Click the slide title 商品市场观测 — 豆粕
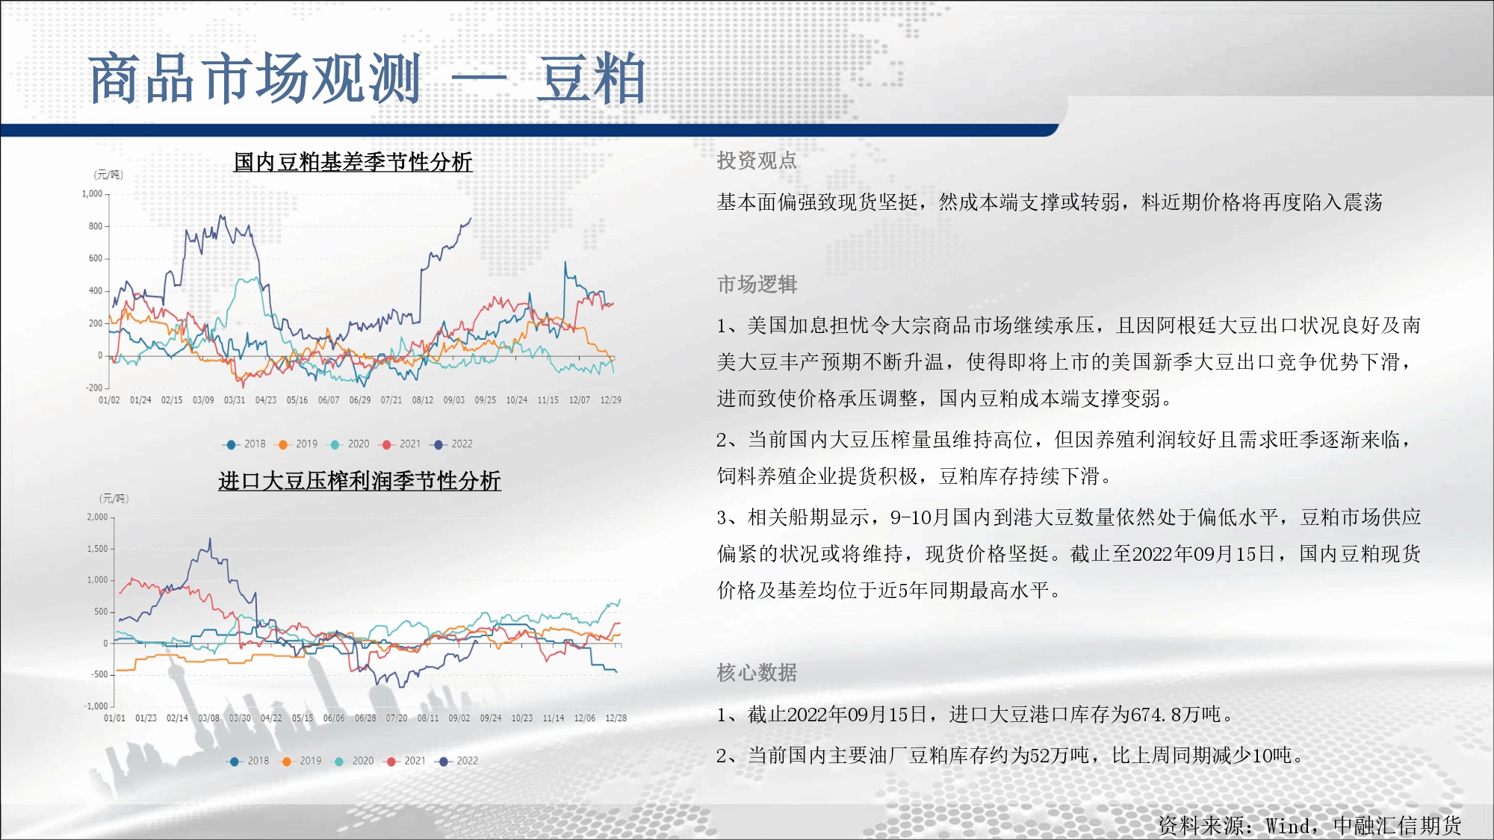[367, 78]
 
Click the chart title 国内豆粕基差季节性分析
[353, 162]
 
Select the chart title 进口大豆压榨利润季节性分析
[359, 481]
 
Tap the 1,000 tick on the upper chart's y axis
[92, 194]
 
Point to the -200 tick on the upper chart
[94, 388]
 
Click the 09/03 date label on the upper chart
[454, 400]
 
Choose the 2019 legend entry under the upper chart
[297, 444]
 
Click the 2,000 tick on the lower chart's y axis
[97, 517]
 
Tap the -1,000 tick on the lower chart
[96, 706]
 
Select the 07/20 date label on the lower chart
[397, 718]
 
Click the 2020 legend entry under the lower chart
[353, 761]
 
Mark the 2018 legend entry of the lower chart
[249, 761]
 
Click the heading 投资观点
[757, 161]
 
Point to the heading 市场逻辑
[757, 284]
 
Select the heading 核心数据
[757, 673]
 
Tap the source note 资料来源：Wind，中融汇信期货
[1309, 825]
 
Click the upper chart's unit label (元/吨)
[108, 175]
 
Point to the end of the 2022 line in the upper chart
[471, 218]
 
